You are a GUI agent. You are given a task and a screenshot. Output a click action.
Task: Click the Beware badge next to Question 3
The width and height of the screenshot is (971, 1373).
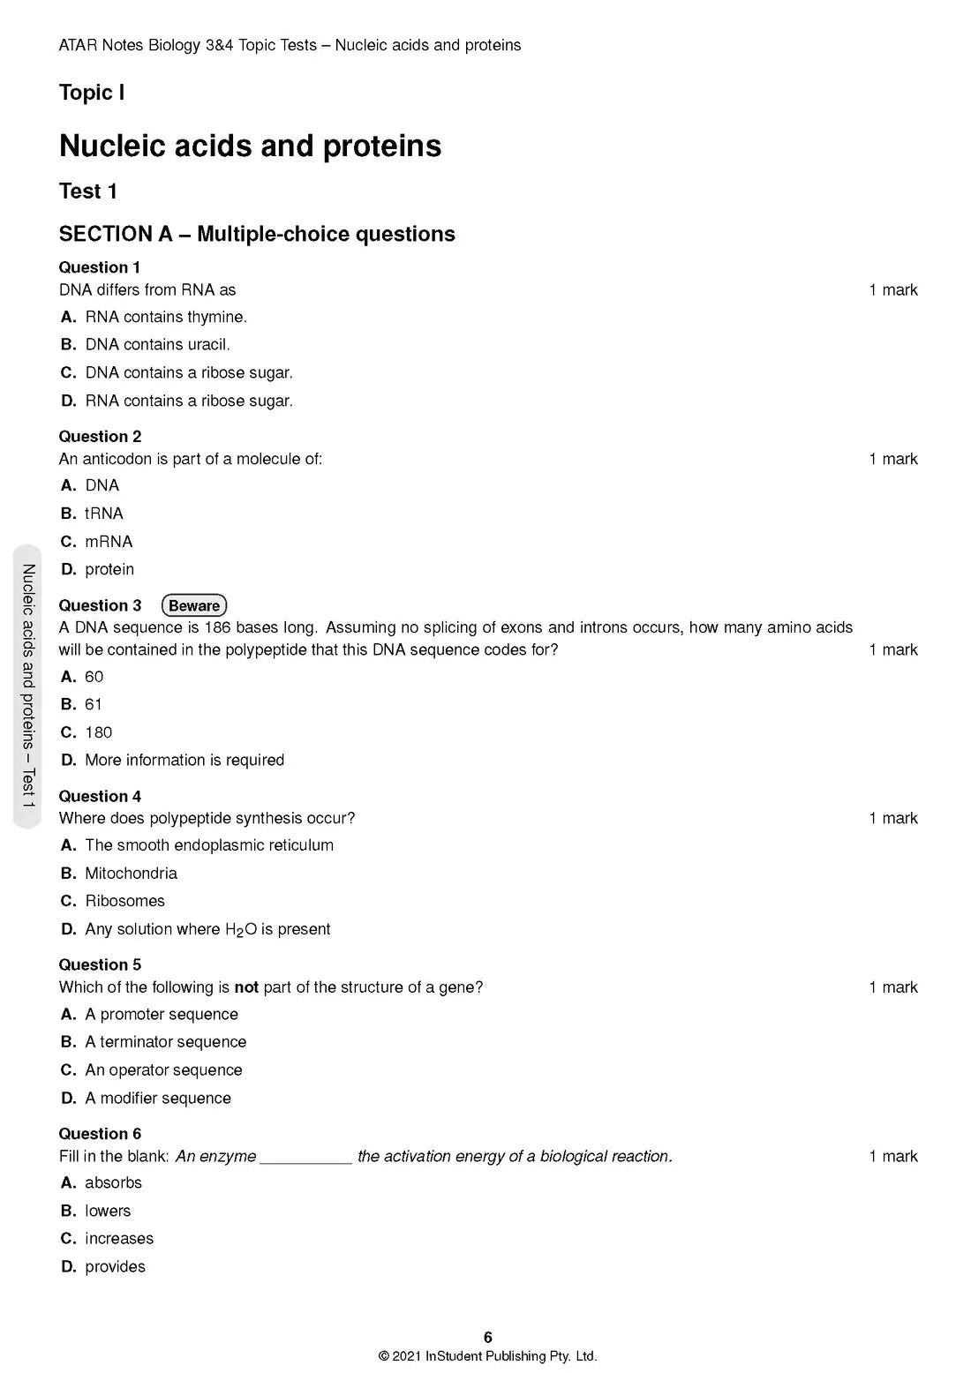tap(194, 605)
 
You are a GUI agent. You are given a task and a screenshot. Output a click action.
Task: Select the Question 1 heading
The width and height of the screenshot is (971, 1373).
tap(100, 267)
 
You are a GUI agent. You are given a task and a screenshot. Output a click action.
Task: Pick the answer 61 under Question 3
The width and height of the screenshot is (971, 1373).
tap(93, 704)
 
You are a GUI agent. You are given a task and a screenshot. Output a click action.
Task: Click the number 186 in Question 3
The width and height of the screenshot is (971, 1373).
tap(217, 627)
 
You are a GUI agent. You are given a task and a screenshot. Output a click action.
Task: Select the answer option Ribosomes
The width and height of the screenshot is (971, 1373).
tap(124, 901)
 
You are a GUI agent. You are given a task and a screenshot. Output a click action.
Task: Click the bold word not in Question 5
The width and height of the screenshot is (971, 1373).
tap(246, 987)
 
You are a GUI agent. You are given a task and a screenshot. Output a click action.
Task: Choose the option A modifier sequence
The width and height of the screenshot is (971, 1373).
tap(158, 1098)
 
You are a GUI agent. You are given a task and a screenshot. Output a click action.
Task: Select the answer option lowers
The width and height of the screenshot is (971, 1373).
tap(107, 1211)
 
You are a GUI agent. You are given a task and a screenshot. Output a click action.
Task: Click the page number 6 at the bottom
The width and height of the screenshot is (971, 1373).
tap(488, 1338)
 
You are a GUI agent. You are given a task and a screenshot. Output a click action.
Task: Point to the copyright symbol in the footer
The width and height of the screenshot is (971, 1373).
tap(383, 1356)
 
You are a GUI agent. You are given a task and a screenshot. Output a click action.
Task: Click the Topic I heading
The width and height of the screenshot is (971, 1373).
tap(92, 93)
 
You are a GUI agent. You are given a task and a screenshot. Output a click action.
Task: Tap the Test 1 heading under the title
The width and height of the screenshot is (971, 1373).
tap(88, 191)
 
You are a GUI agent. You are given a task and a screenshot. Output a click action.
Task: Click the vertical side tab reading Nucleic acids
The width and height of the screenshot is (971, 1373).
tap(28, 686)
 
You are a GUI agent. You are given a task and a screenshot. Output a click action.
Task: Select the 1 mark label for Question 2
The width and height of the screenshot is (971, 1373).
tap(893, 459)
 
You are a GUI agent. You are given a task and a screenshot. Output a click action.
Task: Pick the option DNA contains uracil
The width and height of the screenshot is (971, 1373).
tap(157, 344)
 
